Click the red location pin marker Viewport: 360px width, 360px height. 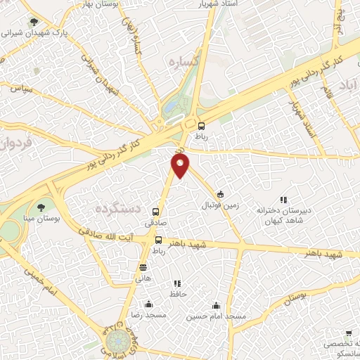click(x=181, y=165)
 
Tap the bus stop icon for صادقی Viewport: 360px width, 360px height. click(x=155, y=212)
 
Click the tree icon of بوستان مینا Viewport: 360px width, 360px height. click(x=42, y=207)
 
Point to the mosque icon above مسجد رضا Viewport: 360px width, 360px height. click(x=148, y=304)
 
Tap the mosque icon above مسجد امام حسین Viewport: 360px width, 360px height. click(x=216, y=305)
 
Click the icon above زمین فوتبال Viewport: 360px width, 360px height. click(x=220, y=195)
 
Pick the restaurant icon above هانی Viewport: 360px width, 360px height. click(x=143, y=267)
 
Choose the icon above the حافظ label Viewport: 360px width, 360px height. click(x=176, y=283)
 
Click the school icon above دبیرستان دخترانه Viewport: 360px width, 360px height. click(x=283, y=200)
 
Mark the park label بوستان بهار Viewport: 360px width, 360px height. click(x=98, y=4)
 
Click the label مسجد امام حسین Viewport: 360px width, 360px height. click(x=216, y=317)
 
